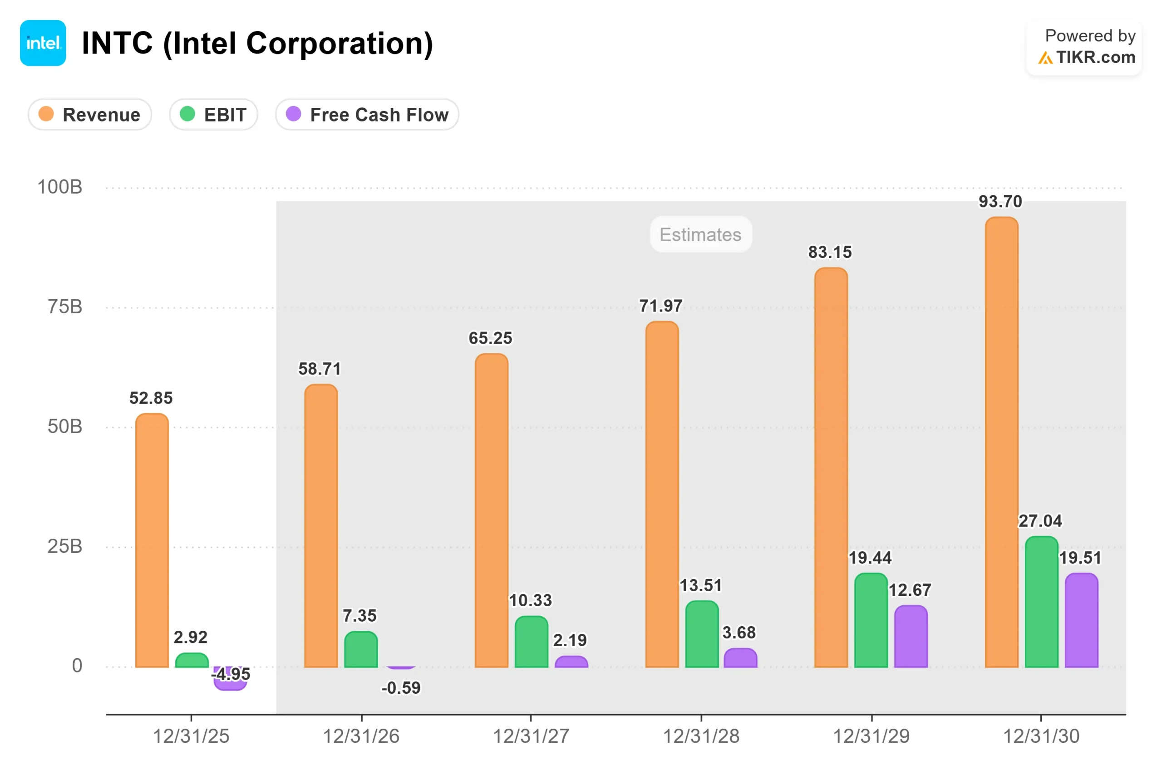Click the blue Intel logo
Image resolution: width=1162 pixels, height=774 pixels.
pos(43,43)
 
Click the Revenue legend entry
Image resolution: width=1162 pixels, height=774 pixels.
pos(89,115)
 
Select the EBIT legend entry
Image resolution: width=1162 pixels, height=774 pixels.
pos(213,115)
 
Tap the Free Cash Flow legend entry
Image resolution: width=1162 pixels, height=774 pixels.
pos(367,115)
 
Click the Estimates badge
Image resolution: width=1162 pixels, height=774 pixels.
pos(700,234)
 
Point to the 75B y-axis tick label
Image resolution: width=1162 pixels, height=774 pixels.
pos(65,307)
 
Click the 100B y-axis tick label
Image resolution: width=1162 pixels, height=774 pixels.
pos(60,187)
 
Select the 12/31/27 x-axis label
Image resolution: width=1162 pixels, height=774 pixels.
pos(531,736)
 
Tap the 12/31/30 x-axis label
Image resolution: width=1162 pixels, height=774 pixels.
pos(1041,736)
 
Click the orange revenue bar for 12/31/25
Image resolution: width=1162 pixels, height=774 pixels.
pos(152,540)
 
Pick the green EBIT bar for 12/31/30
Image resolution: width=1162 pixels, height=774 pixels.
pos(1041,602)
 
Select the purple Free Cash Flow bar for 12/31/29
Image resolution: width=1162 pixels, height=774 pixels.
pos(911,636)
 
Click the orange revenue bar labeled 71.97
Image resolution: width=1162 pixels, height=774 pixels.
pos(662,495)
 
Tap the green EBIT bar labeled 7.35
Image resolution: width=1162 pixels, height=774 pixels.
pos(361,650)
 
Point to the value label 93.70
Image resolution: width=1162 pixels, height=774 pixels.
pos(1000,201)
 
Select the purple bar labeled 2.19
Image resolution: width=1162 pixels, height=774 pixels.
pos(571,662)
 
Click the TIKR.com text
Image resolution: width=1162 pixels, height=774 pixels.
pos(1095,57)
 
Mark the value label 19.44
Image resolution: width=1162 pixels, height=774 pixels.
pos(870,558)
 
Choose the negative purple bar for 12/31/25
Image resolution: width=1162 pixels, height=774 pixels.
pos(230,679)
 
